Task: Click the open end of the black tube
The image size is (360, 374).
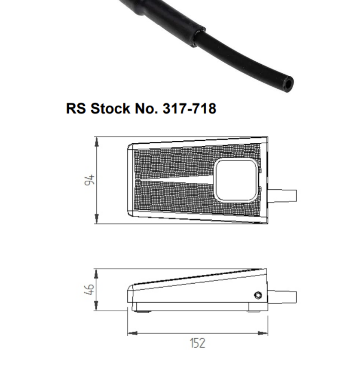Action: pyautogui.click(x=288, y=85)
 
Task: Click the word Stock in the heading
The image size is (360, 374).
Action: pyautogui.click(x=108, y=109)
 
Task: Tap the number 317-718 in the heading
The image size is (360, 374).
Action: pyautogui.click(x=189, y=109)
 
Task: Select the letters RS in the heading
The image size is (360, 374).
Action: pyautogui.click(x=76, y=109)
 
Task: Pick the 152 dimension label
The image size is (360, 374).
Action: pyautogui.click(x=198, y=343)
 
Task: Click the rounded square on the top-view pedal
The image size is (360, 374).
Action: pyautogui.click(x=236, y=179)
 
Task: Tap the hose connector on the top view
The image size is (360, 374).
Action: pyautogui.click(x=282, y=195)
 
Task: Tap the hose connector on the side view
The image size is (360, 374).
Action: pyautogui.click(x=282, y=297)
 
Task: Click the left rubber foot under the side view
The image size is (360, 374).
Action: pyautogui.click(x=142, y=312)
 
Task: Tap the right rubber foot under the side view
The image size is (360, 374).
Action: pyautogui.click(x=255, y=312)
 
